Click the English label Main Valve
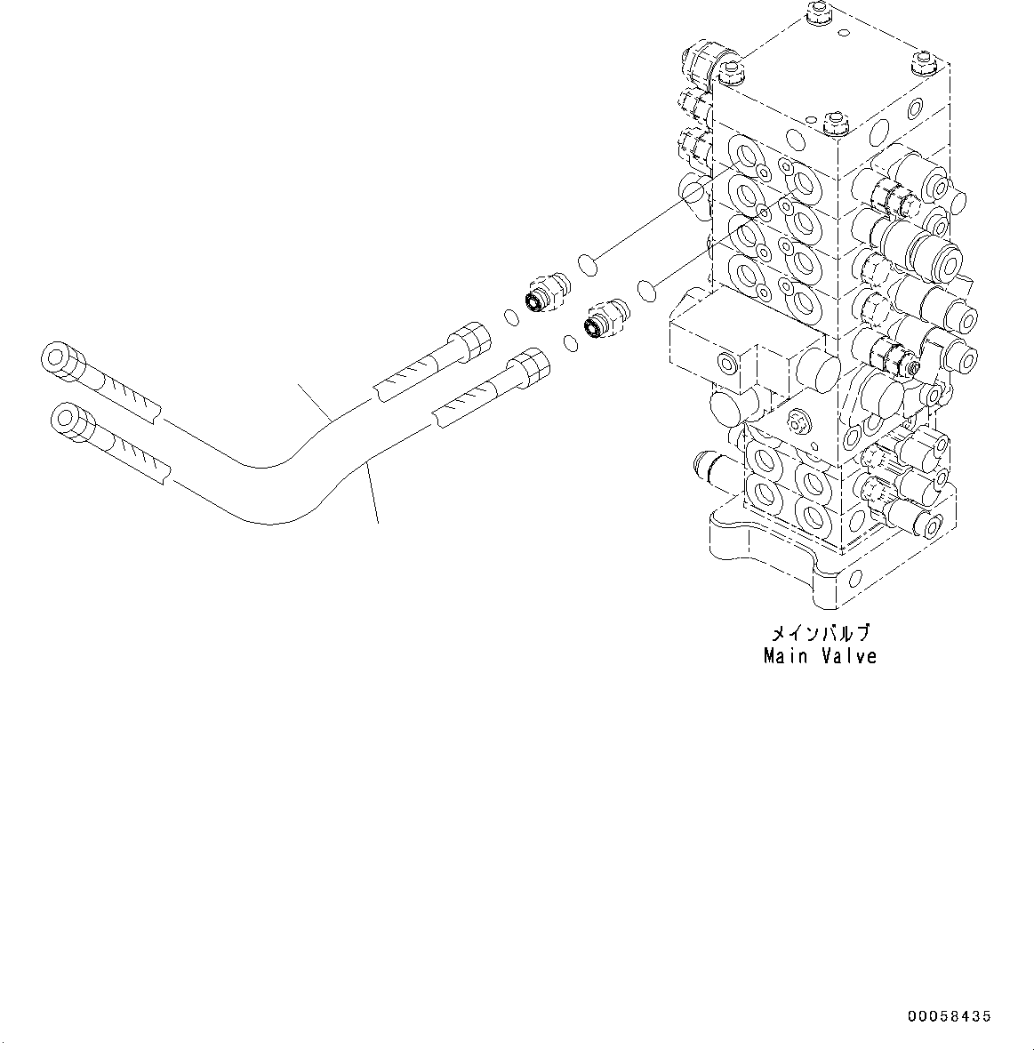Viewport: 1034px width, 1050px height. tap(820, 656)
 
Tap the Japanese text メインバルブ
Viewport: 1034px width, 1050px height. tap(820, 634)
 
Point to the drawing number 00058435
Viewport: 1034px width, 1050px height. tap(949, 1016)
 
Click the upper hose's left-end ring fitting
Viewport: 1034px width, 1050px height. tap(59, 360)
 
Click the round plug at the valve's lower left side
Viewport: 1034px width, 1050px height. tap(722, 408)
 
